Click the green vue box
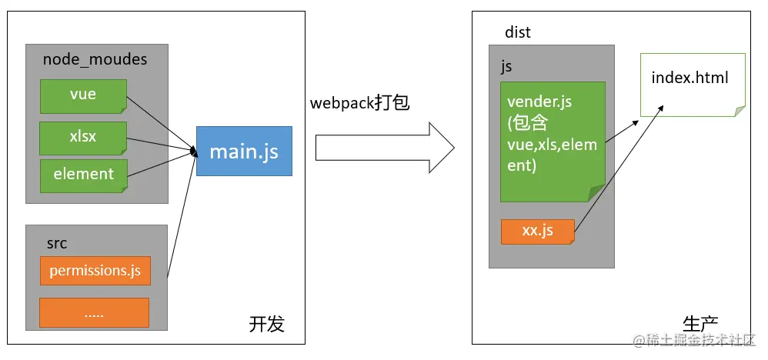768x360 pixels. (x=83, y=95)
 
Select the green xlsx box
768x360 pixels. (x=83, y=137)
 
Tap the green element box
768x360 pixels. (x=83, y=175)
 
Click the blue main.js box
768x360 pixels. (x=244, y=151)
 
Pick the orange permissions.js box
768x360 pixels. (x=95, y=271)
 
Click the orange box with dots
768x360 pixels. (x=94, y=313)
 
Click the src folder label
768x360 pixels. (x=57, y=243)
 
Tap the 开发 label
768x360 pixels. (x=266, y=324)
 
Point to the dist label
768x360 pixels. (x=518, y=32)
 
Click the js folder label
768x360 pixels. (x=506, y=66)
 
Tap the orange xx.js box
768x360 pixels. (x=537, y=232)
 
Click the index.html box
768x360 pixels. (x=690, y=85)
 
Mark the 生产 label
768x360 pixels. (x=700, y=324)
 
